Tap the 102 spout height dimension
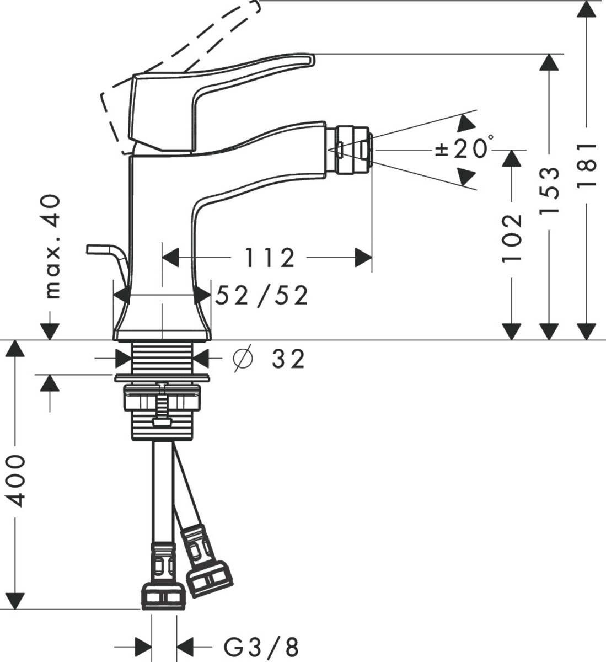click(512, 237)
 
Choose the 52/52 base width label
click(261, 296)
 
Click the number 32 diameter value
click(288, 360)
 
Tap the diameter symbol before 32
click(243, 360)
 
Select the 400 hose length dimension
click(17, 480)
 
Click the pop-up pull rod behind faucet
click(108, 254)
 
